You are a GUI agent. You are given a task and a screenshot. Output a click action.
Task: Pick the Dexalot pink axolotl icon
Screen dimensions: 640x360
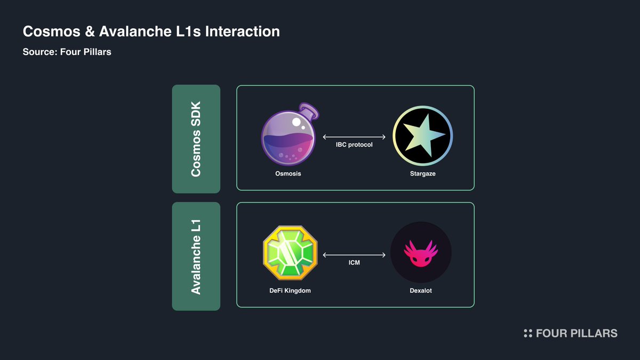coord(421,253)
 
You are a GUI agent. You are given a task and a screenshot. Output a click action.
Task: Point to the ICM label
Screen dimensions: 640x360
coord(354,262)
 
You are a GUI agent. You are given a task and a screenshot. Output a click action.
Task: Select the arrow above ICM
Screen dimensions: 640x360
coord(354,254)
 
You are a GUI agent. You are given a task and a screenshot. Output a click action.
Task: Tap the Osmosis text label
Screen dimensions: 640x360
coord(289,174)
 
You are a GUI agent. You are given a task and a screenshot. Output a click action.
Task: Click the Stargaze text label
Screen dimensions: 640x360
coord(422,174)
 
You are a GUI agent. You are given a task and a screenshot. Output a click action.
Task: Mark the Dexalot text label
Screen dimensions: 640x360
coord(421,291)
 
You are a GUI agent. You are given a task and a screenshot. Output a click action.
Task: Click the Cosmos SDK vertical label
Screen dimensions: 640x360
coord(196,139)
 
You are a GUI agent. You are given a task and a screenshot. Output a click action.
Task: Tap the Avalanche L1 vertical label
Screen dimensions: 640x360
coord(196,256)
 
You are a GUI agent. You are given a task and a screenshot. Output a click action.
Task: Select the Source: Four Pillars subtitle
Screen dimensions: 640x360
coord(67,52)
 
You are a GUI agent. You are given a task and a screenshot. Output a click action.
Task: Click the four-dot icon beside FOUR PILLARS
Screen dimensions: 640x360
coord(528,333)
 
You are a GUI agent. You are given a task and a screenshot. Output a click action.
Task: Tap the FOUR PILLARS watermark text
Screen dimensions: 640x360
coord(577,333)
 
